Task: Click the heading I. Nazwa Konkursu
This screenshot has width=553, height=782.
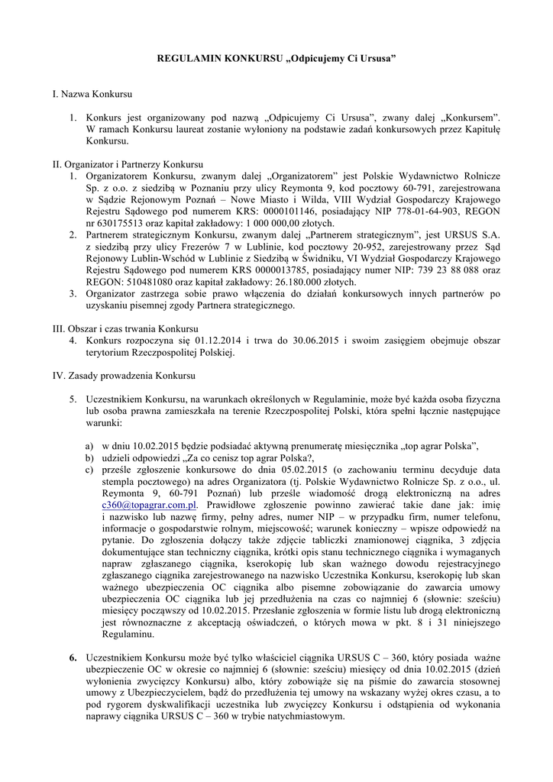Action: click(92, 95)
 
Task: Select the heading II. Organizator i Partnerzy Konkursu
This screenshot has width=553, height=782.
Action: click(127, 164)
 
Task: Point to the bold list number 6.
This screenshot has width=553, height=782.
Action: click(73, 658)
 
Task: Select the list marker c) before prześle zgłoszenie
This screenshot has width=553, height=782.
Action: click(89, 470)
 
